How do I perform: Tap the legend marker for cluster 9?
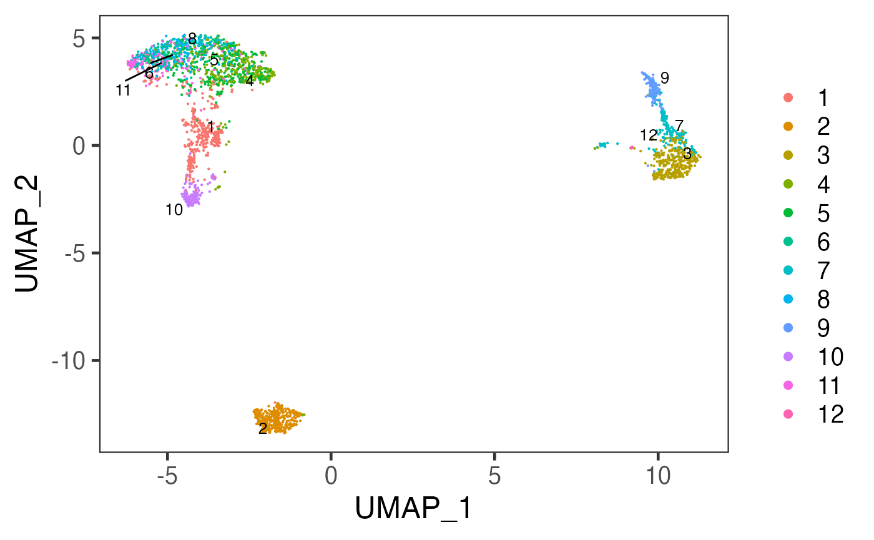click(788, 328)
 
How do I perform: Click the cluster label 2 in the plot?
click(263, 429)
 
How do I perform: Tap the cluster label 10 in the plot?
click(174, 210)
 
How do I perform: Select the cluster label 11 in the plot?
click(123, 91)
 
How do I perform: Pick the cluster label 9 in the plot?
click(664, 78)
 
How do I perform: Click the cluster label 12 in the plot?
click(648, 135)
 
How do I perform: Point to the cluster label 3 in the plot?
click(687, 153)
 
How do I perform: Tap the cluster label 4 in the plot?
click(249, 81)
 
